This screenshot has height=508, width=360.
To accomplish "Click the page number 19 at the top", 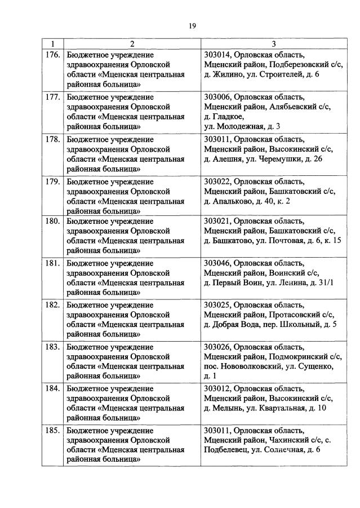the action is coord(192,25).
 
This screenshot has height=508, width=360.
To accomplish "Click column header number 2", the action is coord(132,44).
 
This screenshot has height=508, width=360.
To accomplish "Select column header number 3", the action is coord(273,44).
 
